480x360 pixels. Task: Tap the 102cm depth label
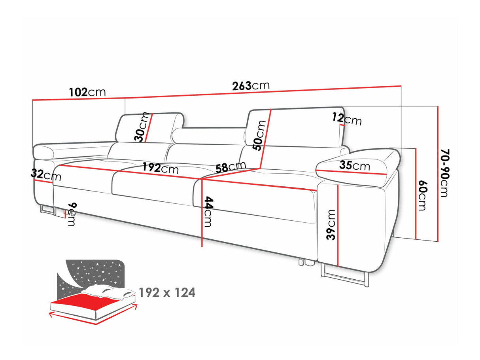tap(87, 92)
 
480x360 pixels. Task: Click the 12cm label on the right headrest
tap(347, 118)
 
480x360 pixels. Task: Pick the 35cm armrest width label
tap(355, 166)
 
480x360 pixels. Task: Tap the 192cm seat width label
tap(161, 169)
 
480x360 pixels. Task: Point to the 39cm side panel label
tap(331, 225)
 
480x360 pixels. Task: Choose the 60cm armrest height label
tap(422, 196)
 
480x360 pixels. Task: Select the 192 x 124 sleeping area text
tap(167, 293)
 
